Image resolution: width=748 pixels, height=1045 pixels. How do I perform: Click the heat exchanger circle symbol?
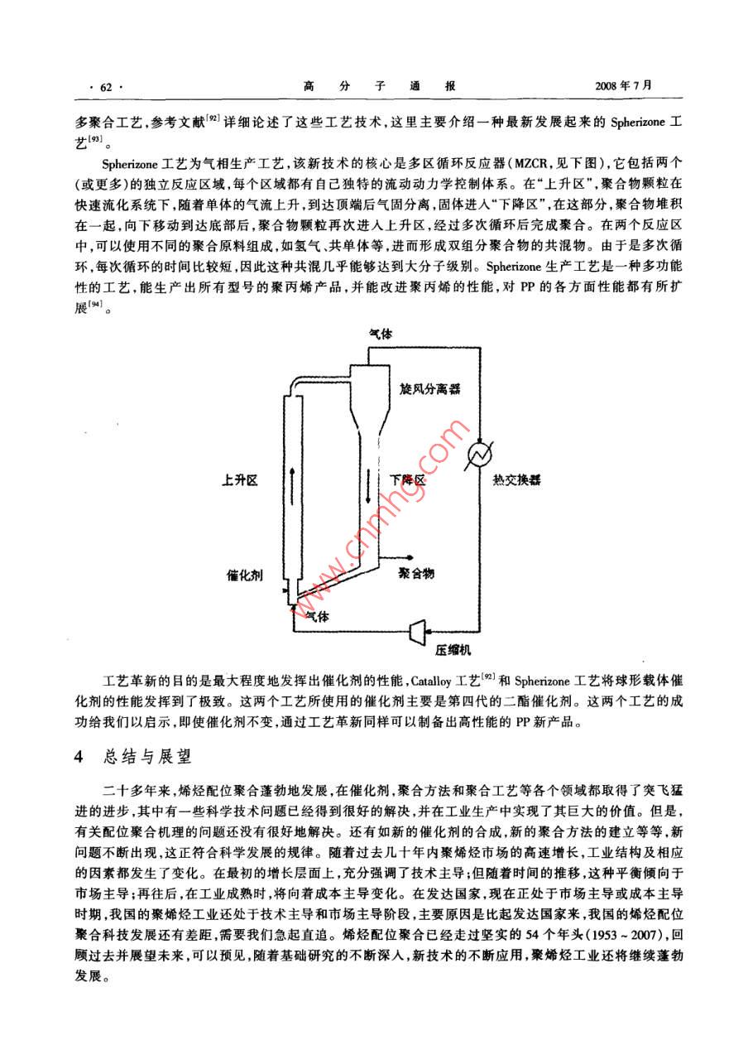point(479,452)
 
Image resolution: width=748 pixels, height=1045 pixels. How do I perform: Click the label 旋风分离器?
point(429,388)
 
